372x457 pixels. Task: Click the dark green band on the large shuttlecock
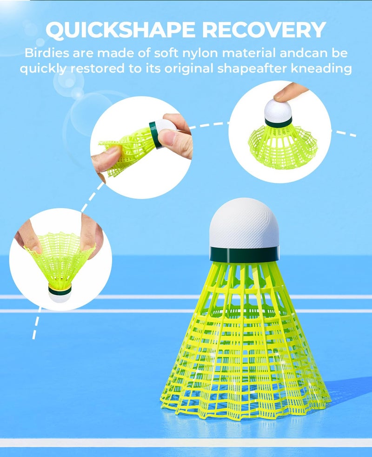click(244, 254)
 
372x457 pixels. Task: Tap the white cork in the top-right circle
click(278, 111)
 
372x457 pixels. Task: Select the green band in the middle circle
click(153, 134)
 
